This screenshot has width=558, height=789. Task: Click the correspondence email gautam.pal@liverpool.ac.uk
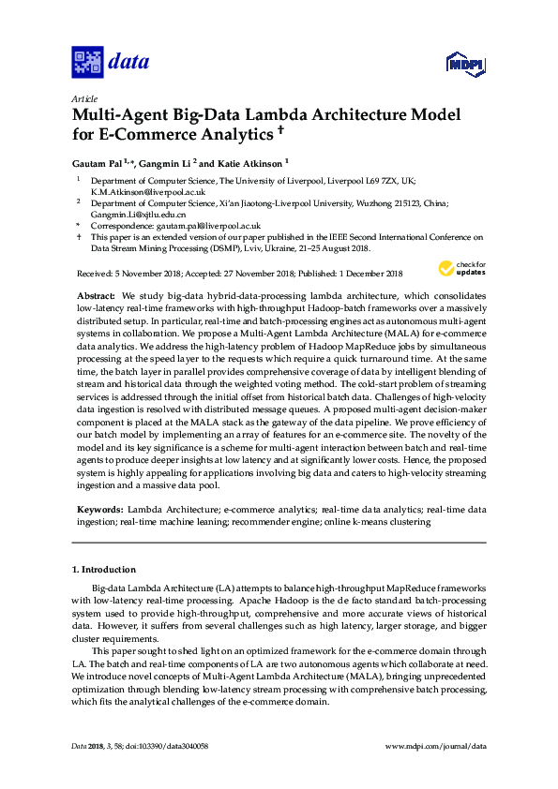(203, 226)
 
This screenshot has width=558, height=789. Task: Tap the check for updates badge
(459, 269)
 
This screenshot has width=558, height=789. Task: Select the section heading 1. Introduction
(104, 570)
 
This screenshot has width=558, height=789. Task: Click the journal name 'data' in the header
(129, 63)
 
